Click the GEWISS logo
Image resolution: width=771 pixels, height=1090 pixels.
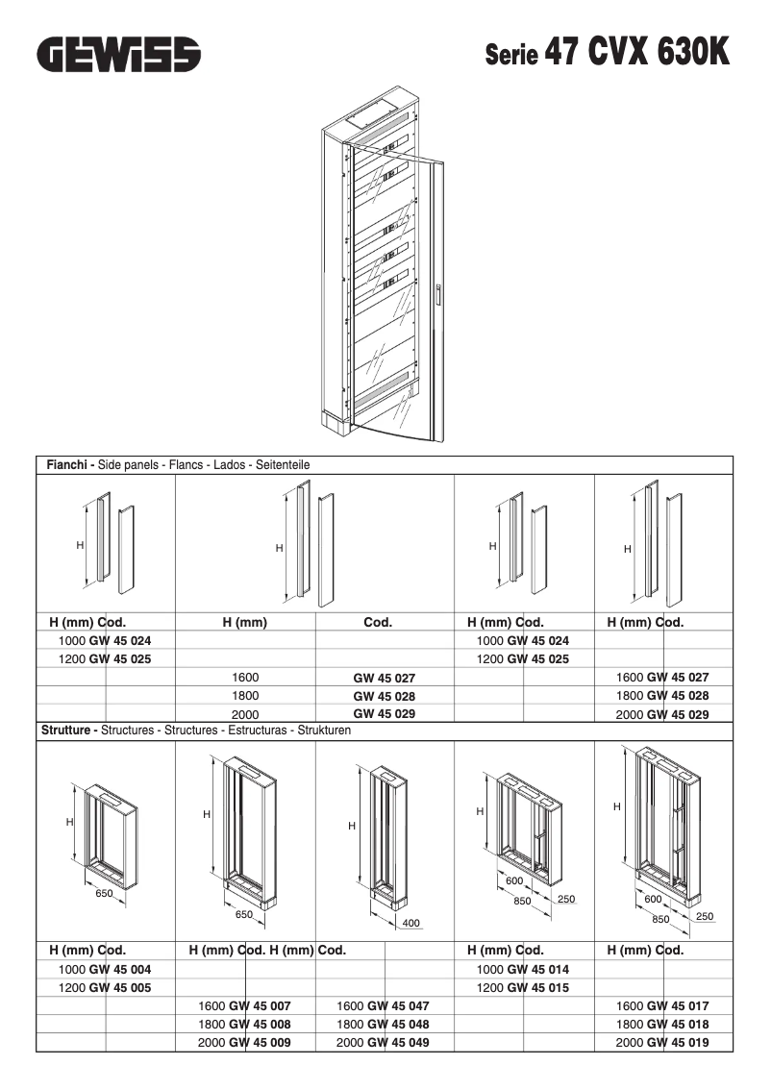[119, 54]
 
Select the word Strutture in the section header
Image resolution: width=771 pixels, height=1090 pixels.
[68, 731]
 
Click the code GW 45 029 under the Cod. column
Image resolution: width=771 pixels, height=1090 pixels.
[384, 714]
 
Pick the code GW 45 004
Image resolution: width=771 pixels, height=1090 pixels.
[119, 969]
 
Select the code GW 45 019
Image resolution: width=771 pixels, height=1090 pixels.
[677, 1042]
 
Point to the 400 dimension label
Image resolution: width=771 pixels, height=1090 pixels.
[410, 924]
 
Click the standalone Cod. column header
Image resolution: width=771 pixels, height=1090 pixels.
[378, 622]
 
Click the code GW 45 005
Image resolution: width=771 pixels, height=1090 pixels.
[119, 987]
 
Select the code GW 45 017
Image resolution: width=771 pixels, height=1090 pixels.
[677, 1005]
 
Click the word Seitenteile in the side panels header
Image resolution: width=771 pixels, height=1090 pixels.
[283, 464]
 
